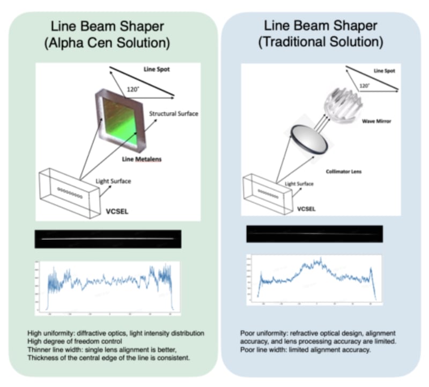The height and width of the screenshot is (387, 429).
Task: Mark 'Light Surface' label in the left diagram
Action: click(112, 181)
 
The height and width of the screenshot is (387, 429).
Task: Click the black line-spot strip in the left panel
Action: click(107, 239)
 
